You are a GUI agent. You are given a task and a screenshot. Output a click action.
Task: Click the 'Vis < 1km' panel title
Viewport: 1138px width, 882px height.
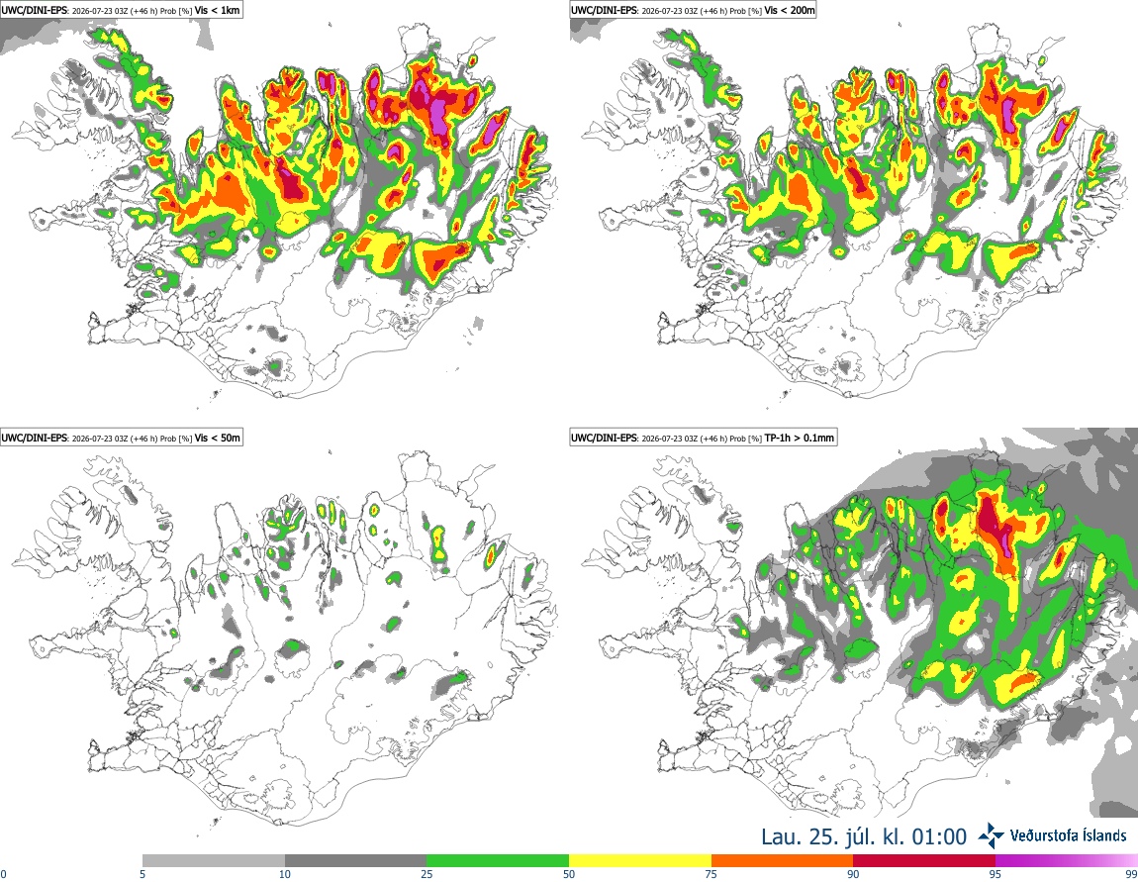point(217,10)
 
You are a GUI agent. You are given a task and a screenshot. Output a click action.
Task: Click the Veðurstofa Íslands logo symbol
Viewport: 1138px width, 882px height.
point(991,835)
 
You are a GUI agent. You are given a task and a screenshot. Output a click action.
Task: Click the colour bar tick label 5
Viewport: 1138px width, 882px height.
point(142,874)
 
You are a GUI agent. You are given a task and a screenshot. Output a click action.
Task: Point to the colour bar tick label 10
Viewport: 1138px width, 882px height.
point(285,874)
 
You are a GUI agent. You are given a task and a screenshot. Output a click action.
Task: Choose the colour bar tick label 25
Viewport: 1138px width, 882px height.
point(427,874)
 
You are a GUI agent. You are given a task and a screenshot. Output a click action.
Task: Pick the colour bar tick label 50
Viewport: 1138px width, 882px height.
point(569,874)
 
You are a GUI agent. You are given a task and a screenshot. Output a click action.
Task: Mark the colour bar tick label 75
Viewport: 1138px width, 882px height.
point(711,874)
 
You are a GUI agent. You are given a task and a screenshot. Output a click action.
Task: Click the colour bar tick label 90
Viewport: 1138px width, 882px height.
point(853,874)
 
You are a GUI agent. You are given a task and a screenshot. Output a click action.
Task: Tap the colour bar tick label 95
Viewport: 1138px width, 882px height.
point(996,874)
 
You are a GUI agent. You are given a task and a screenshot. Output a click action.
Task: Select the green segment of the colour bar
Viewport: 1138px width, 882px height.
point(498,861)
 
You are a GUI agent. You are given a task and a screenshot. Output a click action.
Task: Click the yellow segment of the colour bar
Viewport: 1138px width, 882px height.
point(640,861)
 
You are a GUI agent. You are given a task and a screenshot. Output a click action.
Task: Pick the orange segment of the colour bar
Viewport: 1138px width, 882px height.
point(783,861)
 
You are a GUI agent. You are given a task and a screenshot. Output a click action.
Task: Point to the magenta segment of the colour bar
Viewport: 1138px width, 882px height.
point(1067,861)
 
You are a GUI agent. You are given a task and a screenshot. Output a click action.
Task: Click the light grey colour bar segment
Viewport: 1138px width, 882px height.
point(214,861)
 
